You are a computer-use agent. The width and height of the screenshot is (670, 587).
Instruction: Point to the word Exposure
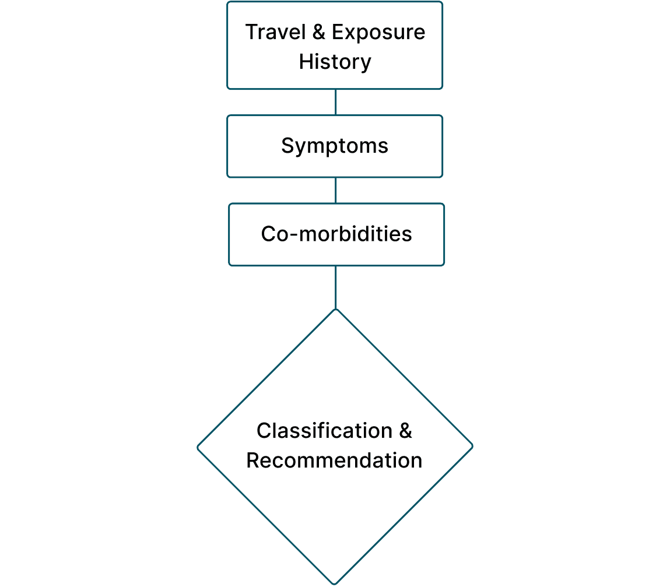(378, 32)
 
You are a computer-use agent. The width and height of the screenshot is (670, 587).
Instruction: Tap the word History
(335, 62)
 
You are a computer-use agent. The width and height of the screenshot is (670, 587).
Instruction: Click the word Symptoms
(335, 146)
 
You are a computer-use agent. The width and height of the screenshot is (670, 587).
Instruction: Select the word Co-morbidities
(336, 234)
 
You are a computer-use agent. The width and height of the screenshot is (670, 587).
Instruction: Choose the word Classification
(324, 431)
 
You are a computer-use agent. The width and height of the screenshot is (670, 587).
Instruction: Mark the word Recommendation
(334, 461)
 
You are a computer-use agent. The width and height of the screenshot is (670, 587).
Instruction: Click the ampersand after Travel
(318, 32)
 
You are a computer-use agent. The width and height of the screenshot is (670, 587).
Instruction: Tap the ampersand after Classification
(405, 431)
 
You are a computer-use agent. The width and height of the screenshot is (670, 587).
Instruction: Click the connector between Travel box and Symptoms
(335, 102)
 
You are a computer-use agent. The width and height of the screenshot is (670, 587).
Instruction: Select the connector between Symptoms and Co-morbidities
(335, 190)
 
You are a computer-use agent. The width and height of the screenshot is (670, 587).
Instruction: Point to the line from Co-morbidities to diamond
(335, 287)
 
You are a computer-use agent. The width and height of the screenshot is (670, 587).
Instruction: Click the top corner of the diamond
(335, 310)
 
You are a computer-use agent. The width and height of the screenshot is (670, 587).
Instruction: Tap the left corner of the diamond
(199, 447)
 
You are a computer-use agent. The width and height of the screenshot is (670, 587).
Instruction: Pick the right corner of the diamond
(471, 447)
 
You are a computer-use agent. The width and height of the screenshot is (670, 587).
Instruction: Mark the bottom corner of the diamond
(335, 582)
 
